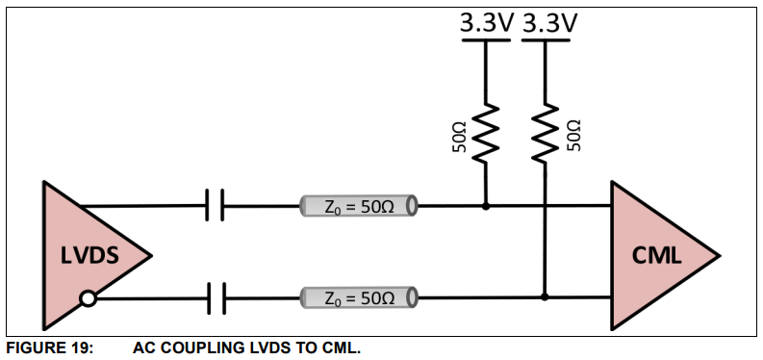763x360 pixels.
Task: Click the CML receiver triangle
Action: point(654,254)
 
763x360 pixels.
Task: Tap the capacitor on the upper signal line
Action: point(216,205)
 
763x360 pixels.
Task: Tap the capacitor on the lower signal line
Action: point(216,298)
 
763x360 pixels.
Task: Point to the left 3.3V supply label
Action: point(485,23)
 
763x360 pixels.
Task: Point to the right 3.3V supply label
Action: point(548,23)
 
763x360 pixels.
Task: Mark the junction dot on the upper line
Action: point(485,206)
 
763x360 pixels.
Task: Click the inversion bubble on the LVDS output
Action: point(88,298)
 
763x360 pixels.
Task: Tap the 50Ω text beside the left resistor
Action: point(460,136)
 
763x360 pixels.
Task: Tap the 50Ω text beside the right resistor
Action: point(573,136)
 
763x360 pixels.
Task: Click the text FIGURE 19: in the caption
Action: point(49,348)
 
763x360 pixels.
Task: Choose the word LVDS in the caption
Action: point(271,348)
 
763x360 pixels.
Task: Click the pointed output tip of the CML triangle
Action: point(718,254)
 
